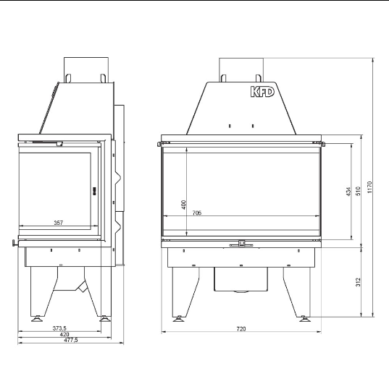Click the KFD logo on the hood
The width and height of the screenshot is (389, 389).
point(262,93)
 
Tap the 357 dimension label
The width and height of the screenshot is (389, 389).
point(58,223)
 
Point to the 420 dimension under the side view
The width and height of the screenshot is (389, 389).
point(64,334)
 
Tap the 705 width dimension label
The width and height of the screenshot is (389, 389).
point(198,213)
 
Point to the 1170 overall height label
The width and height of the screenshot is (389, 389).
point(369,187)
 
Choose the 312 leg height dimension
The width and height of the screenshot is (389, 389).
point(359,281)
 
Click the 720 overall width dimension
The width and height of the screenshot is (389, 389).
point(240,329)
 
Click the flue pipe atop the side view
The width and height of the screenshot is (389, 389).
point(86,68)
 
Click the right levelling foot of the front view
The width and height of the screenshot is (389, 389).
point(304,316)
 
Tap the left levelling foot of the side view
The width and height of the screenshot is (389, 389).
point(36,316)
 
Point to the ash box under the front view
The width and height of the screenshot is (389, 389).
point(240,278)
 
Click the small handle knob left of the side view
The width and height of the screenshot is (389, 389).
point(12,243)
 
